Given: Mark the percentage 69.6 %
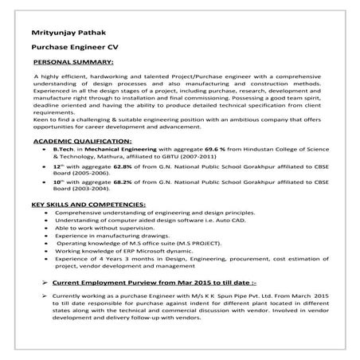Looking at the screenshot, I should (217, 149).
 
